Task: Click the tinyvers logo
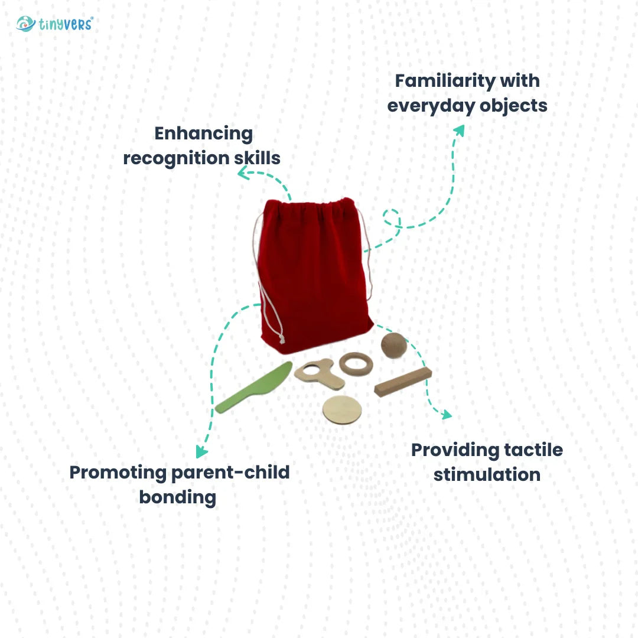point(54,24)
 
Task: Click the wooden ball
point(394,346)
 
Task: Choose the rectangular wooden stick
point(403,382)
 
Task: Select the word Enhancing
point(203,134)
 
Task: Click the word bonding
point(177,497)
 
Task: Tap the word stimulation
point(487,474)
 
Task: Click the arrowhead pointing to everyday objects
point(458,130)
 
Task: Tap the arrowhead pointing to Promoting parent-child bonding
point(202,452)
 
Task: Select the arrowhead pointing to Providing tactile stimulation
point(445,414)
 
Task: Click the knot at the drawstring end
point(282,340)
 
